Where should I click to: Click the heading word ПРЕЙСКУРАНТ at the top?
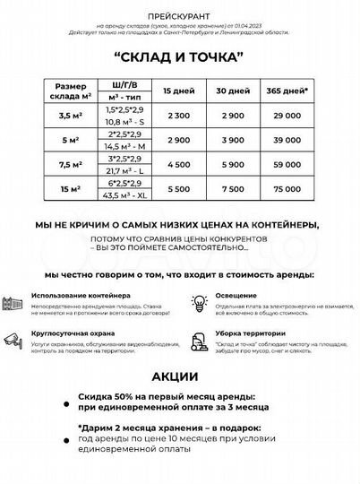pyautogui.click(x=179, y=15)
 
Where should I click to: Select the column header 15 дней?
pyautogui.click(x=176, y=92)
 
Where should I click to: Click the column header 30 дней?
pyautogui.click(x=233, y=92)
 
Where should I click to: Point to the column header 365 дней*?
pyautogui.click(x=289, y=92)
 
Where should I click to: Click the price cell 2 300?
pyautogui.click(x=176, y=117)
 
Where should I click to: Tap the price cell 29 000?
pyautogui.click(x=289, y=117)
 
